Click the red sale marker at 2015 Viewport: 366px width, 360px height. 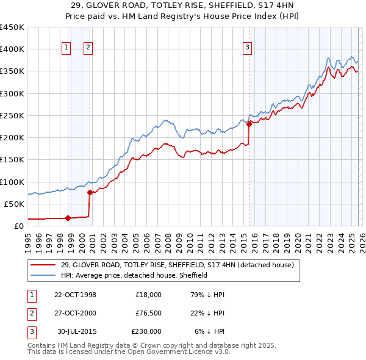[249, 124]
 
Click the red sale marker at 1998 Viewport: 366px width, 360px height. [68, 217]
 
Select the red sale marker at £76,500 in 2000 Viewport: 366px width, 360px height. [90, 192]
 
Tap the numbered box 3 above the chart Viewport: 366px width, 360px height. [247, 48]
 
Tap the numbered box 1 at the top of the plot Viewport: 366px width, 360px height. [66, 48]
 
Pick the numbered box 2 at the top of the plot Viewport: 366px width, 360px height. [88, 48]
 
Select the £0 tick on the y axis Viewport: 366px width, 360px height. [18, 226]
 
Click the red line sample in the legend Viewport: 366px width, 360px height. [43, 265]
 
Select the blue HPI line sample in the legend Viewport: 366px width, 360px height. [43, 275]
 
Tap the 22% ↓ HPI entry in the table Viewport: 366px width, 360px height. [208, 313]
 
